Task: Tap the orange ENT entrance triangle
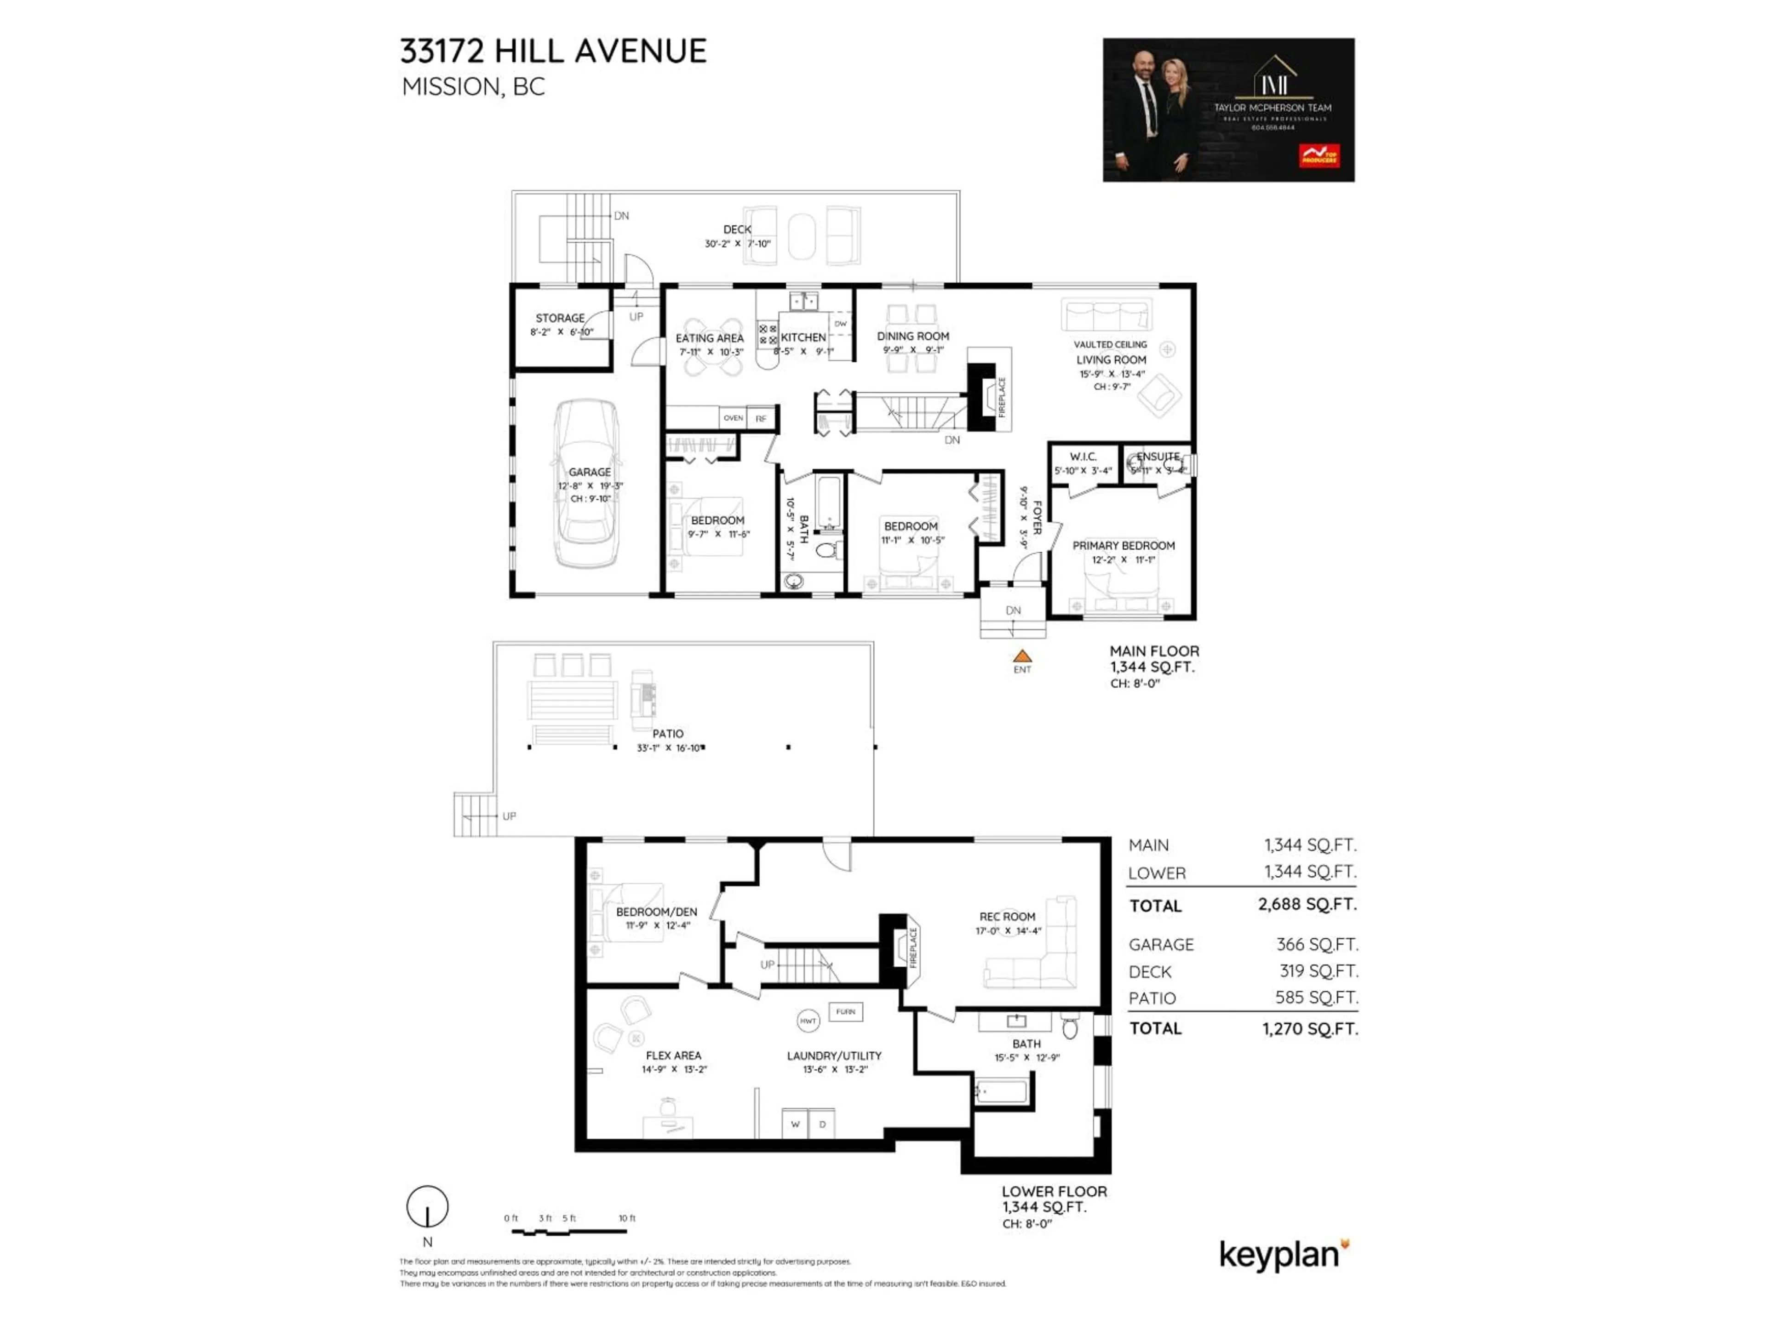pos(1022,656)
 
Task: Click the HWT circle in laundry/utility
pos(808,1021)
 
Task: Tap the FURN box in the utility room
pos(845,1012)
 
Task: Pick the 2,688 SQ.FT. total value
pos(1307,904)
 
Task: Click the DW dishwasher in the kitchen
pos(840,324)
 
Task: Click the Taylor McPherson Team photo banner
pos(1228,110)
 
